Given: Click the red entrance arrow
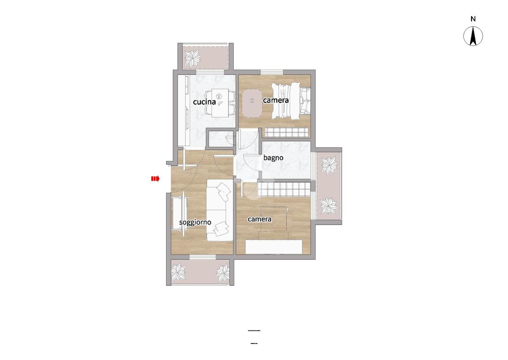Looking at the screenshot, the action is (155, 179).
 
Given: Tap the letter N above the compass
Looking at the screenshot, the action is (473, 19).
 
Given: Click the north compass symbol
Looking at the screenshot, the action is (473, 36).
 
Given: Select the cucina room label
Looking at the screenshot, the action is (204, 102).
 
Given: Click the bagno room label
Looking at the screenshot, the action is (273, 158).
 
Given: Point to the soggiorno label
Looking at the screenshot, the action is (195, 222).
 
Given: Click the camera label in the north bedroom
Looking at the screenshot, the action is (276, 100).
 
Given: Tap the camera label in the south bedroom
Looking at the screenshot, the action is (260, 219).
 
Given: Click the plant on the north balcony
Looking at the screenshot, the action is (193, 58).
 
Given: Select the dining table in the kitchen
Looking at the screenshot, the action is (220, 103).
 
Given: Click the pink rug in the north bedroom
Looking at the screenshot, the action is (252, 103).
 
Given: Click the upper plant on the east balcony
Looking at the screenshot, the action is (329, 165).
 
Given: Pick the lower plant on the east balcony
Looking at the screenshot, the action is (329, 205).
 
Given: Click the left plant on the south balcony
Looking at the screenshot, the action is (179, 272).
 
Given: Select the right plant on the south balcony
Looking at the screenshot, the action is (223, 273).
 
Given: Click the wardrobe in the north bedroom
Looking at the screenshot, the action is (287, 133).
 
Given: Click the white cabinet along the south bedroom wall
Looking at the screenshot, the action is (274, 247).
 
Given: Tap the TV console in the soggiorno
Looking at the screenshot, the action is (180, 214).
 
